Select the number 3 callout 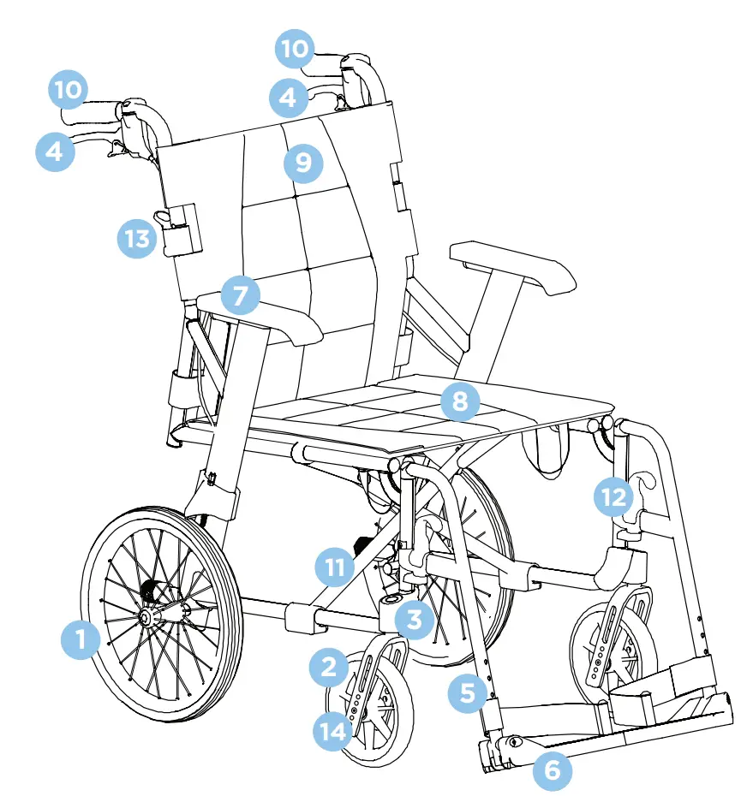415,619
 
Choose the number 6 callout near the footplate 553,769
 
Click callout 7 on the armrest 241,296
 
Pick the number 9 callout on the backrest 303,162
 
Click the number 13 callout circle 137,238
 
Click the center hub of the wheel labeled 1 148,617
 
